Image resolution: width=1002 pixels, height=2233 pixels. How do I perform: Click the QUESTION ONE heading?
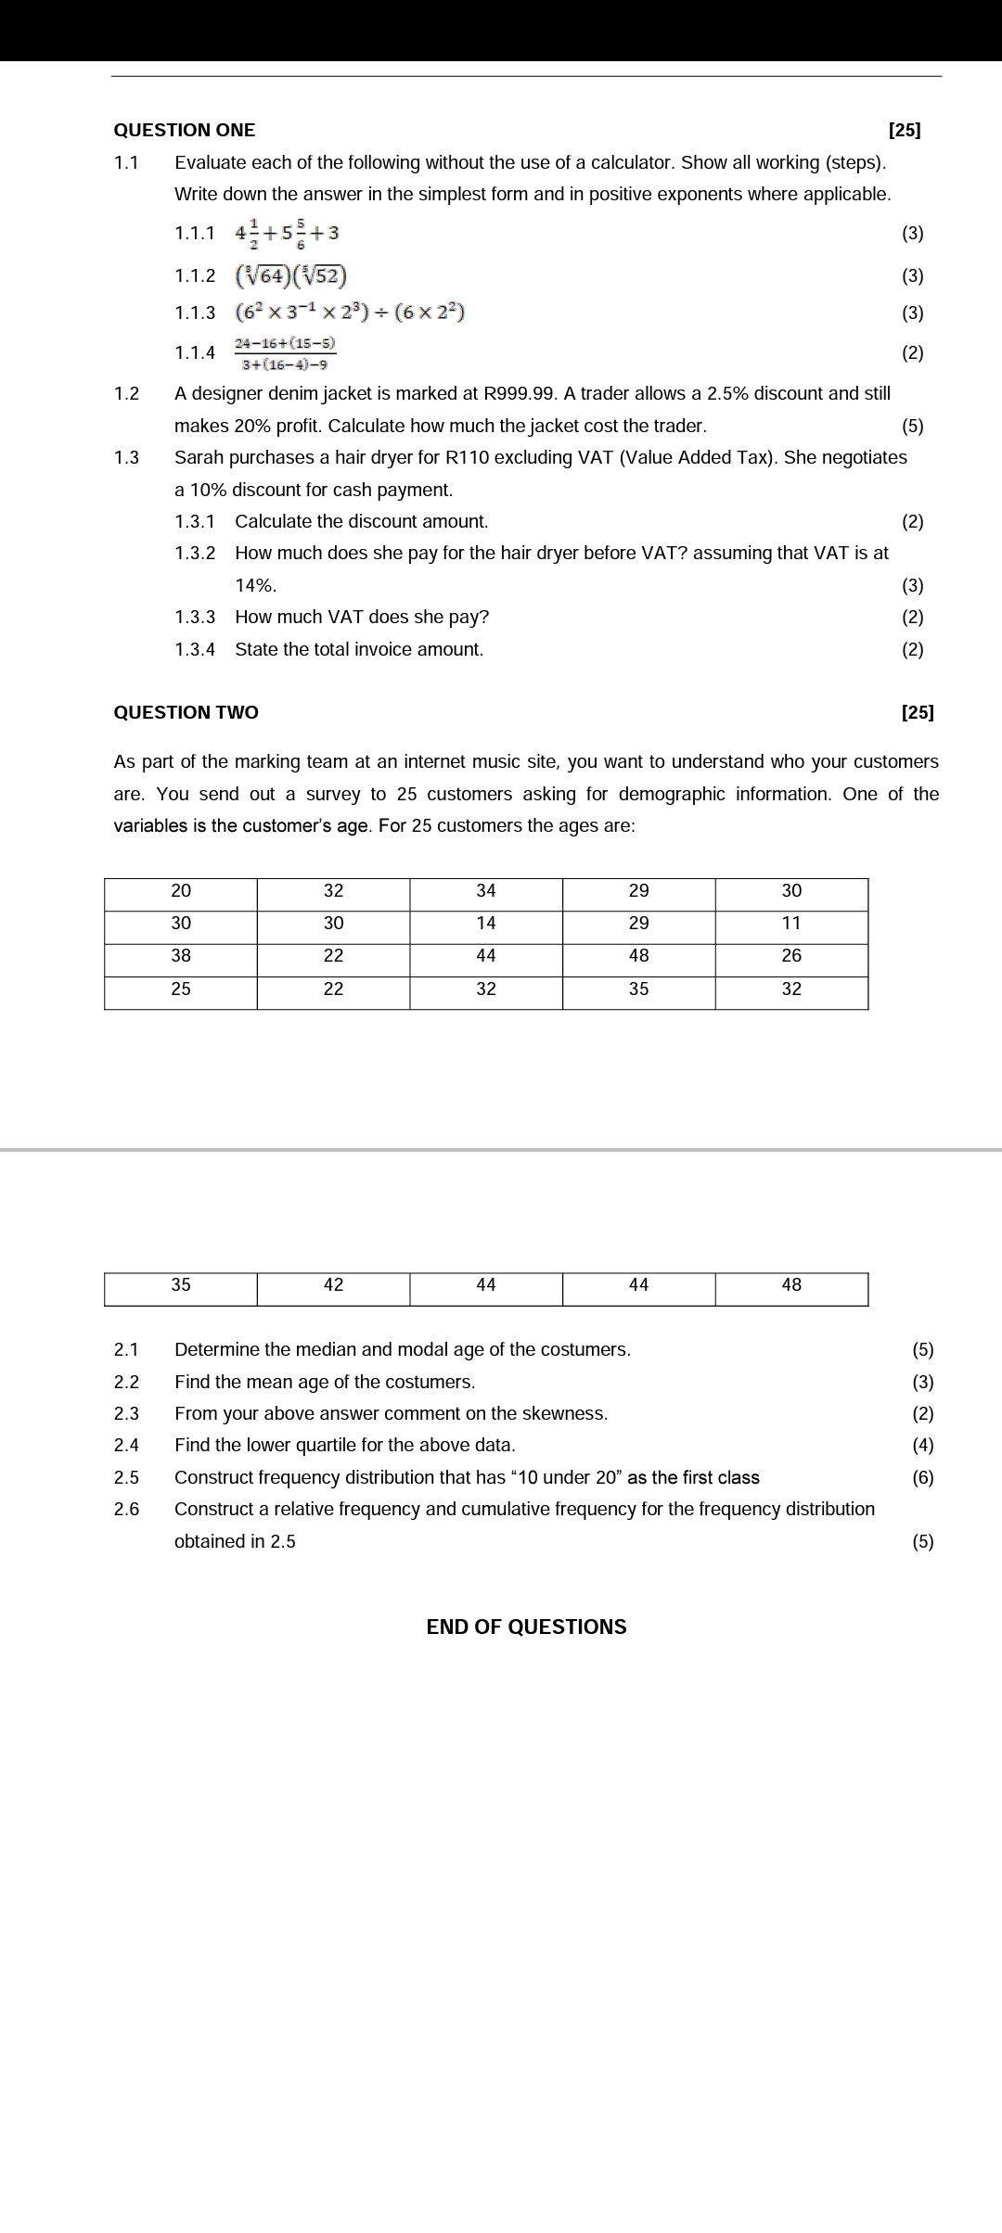(184, 130)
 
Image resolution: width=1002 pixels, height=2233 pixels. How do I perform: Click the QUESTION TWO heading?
(186, 712)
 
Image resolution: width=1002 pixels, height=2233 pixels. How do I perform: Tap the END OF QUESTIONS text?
(526, 1627)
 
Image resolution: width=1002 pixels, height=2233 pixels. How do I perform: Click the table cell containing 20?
(181, 891)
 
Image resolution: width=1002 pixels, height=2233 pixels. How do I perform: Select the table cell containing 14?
(486, 924)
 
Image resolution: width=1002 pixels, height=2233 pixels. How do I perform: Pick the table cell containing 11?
(791, 924)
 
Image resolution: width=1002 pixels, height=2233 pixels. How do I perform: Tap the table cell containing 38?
(181, 956)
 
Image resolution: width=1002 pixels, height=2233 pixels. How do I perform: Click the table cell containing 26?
(791, 956)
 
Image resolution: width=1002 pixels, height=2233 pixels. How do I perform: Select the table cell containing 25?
(181, 989)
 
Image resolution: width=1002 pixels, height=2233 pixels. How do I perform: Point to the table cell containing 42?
(333, 1285)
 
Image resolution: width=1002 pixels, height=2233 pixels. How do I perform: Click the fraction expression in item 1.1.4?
(285, 353)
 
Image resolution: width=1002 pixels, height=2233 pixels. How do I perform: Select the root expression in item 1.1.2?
(291, 275)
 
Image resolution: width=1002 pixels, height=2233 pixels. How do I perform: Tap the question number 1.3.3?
(195, 618)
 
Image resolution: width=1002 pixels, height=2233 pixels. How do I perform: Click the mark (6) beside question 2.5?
(923, 1478)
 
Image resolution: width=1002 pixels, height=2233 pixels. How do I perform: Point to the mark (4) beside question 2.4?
(923, 1446)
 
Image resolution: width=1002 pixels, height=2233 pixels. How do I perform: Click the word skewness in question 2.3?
(565, 1414)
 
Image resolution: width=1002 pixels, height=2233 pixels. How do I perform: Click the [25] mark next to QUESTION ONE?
(905, 130)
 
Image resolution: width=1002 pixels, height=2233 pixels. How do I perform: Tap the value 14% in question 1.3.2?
(255, 586)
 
